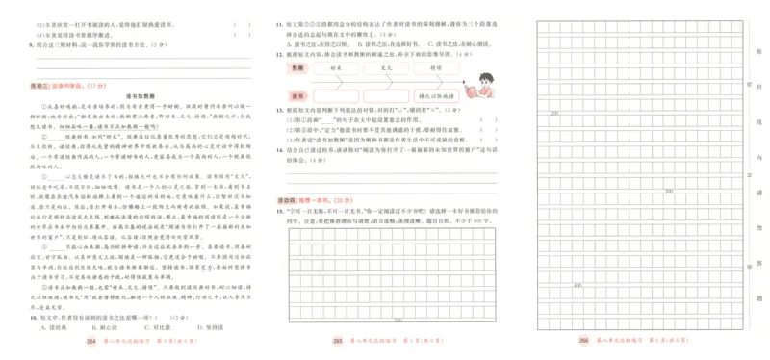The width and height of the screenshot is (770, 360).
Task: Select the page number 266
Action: pyautogui.click(x=583, y=342)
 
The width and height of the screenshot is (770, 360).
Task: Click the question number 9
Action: pyautogui.click(x=32, y=44)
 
